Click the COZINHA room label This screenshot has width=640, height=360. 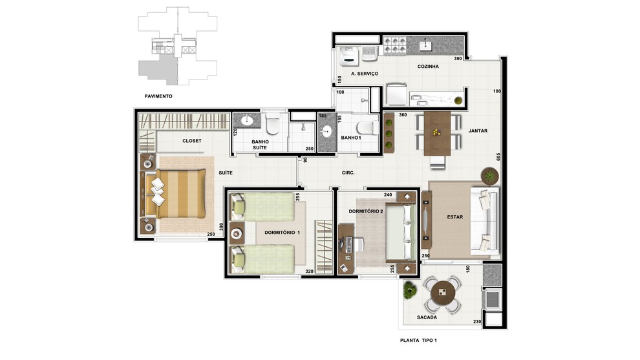[428, 66]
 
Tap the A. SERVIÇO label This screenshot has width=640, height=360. [365, 74]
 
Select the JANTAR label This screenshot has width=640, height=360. [478, 131]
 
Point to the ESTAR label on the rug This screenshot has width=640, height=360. [454, 217]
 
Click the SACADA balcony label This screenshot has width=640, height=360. [427, 317]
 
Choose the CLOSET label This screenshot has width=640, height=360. [192, 140]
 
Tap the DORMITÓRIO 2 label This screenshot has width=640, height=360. [366, 211]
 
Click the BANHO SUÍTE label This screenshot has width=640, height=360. [260, 145]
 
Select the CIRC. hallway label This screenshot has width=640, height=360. [348, 173]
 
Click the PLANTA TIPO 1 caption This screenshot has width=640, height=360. [418, 340]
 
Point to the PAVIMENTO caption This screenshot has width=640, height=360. [158, 96]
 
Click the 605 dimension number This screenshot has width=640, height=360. [498, 157]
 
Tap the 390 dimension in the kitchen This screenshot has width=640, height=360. [458, 58]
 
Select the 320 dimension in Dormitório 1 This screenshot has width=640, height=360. [310, 271]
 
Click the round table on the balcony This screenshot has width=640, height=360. [443, 292]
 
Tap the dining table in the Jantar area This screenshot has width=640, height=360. [437, 134]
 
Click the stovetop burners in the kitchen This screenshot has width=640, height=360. [395, 45]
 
